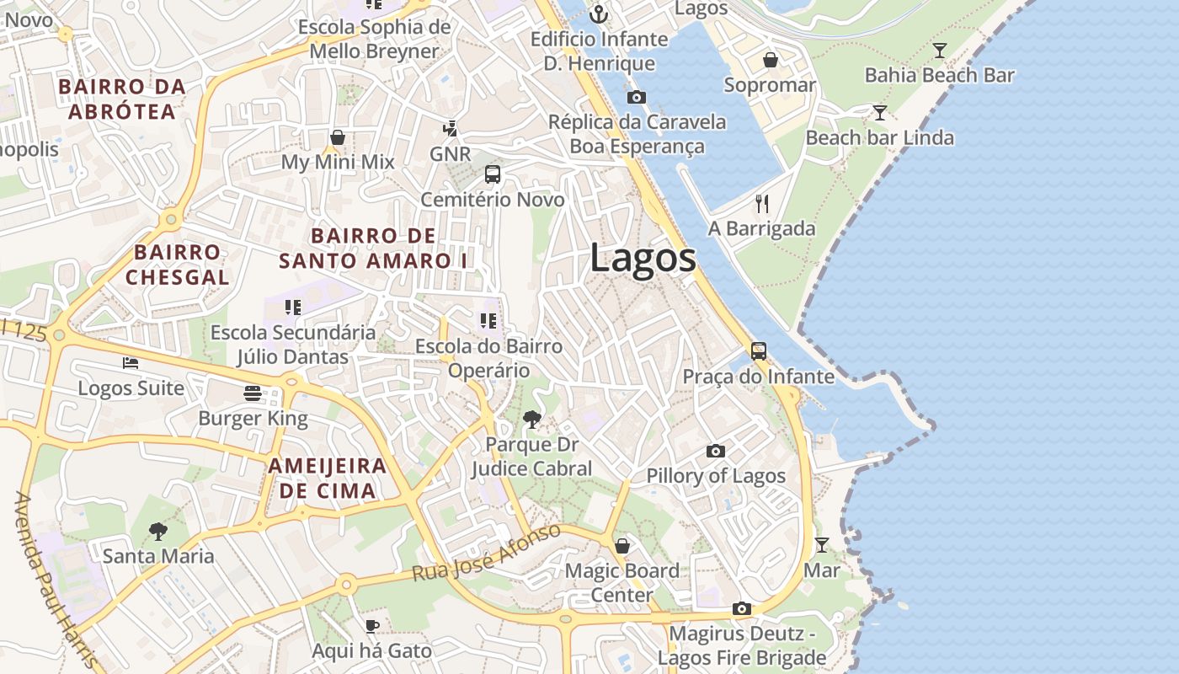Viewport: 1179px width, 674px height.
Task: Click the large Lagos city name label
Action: click(x=643, y=258)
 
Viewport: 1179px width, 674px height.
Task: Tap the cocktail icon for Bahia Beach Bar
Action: click(x=940, y=51)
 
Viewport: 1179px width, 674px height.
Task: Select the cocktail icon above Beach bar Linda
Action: click(x=880, y=113)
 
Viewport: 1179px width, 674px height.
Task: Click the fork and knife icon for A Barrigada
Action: click(x=762, y=203)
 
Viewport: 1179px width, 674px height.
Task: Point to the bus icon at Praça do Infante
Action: click(x=759, y=351)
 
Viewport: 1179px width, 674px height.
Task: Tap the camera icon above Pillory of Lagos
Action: click(x=716, y=451)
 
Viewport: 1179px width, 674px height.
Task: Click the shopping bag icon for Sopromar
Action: click(x=770, y=60)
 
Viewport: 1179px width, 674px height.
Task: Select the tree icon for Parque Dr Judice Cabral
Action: click(x=531, y=419)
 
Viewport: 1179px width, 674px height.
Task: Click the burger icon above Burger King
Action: click(x=253, y=393)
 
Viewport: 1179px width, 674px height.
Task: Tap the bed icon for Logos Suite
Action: click(x=131, y=363)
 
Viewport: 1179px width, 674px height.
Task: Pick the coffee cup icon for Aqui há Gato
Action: click(x=371, y=625)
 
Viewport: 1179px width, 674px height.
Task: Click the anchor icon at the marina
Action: click(x=598, y=13)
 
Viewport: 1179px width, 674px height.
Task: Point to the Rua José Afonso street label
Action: click(x=486, y=553)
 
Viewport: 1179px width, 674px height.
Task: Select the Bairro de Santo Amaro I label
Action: click(x=373, y=248)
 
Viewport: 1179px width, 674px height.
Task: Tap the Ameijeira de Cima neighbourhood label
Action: click(x=328, y=478)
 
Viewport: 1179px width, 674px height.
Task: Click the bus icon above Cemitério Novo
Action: click(x=493, y=174)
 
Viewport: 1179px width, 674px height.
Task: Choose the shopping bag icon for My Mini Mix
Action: click(x=338, y=136)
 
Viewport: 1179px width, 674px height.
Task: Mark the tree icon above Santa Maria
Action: click(x=157, y=531)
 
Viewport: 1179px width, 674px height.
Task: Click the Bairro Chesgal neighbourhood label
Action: click(x=178, y=265)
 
